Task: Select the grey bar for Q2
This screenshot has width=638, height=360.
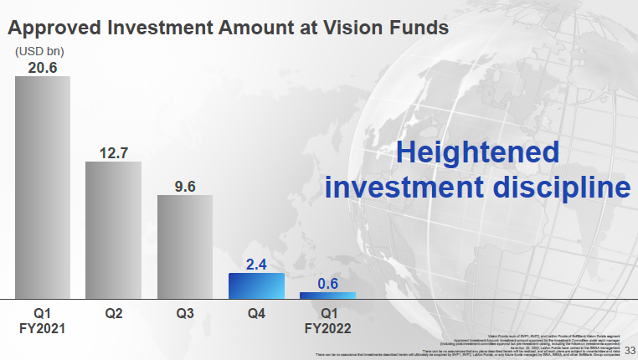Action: [113, 229]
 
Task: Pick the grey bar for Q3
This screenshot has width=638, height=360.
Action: [185, 246]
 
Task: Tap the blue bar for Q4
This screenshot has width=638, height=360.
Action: [256, 285]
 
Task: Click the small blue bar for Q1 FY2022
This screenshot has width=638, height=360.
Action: [327, 295]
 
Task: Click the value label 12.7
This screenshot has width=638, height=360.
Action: [113, 152]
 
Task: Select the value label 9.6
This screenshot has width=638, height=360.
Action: [185, 186]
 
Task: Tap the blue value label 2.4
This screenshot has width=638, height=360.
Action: [256, 265]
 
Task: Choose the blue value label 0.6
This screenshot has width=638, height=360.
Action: [327, 284]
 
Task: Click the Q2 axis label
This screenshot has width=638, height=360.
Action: [114, 314]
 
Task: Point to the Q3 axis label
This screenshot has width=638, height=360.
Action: [185, 314]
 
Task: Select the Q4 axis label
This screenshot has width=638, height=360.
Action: [256, 314]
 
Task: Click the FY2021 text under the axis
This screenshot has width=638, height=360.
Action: [42, 329]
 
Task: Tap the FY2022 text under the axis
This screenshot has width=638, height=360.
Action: [327, 329]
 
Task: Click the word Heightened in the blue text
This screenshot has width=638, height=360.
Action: [477, 152]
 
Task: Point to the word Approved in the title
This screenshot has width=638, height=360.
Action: [53, 27]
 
